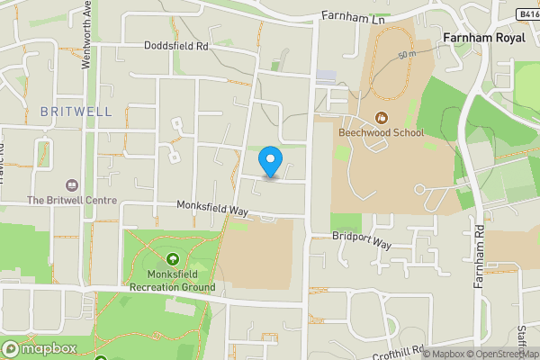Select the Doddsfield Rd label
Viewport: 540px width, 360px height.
[175, 45]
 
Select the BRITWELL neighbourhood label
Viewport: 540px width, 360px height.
[76, 112]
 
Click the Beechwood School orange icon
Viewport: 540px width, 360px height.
[381, 117]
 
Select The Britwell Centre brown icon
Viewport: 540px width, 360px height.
[72, 184]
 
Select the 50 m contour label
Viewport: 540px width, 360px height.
[407, 56]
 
